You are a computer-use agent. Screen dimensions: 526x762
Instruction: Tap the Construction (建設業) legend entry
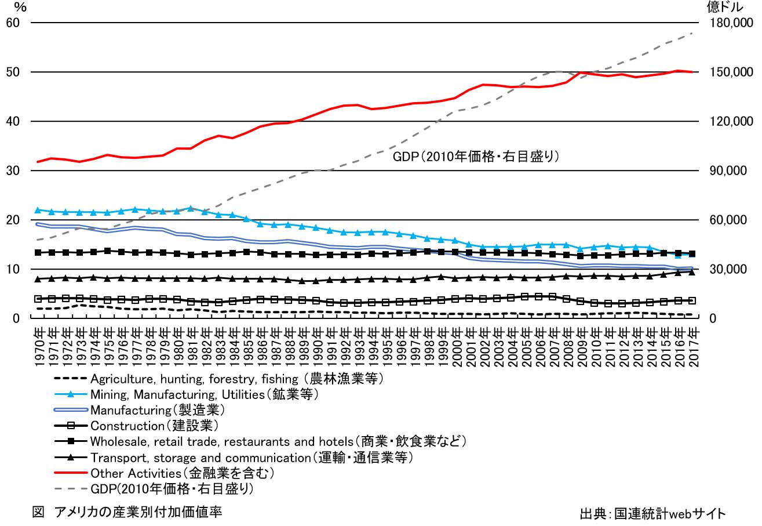click(x=154, y=426)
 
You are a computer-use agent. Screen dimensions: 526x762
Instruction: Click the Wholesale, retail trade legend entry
click(x=278, y=442)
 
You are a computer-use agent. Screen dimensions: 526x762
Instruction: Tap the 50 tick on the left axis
click(x=13, y=72)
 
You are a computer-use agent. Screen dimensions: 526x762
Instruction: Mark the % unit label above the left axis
click(x=20, y=8)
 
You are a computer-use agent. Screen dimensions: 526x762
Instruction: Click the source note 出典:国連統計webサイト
click(x=652, y=514)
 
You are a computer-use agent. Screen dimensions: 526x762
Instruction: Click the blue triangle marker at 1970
click(x=39, y=210)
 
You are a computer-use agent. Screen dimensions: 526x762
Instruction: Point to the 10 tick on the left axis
click(x=13, y=270)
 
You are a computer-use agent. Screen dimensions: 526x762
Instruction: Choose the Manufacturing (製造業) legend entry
click(x=157, y=411)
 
